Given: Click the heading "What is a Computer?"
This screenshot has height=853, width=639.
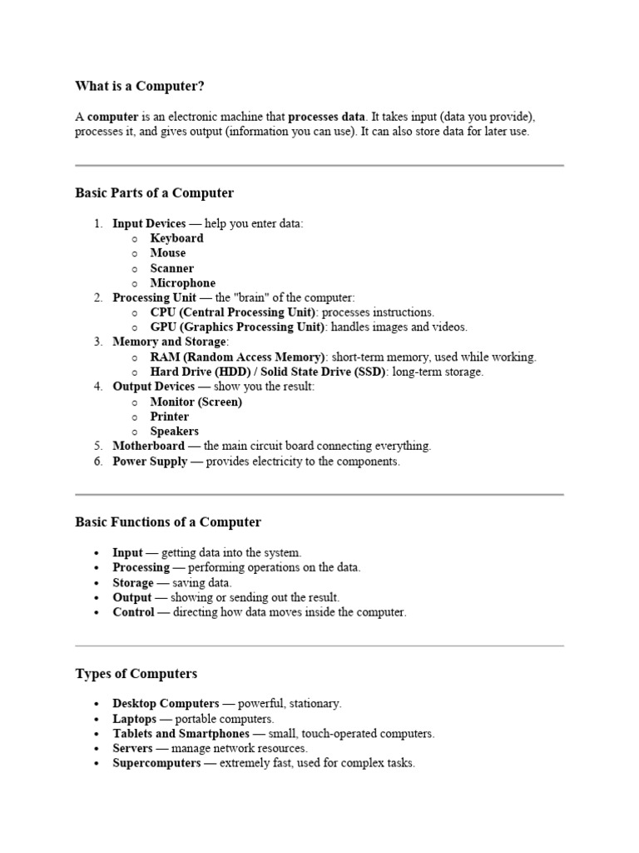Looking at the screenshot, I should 140,86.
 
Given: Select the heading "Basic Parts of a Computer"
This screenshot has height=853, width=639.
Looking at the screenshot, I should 154,193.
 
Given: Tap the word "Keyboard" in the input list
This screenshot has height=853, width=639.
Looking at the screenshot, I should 176,238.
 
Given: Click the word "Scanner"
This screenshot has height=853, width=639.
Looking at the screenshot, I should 172,268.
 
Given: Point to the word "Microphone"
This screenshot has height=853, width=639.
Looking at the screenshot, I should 182,283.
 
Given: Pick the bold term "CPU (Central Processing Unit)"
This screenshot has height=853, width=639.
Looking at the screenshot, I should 233,312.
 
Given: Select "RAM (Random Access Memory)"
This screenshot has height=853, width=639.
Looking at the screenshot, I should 237,357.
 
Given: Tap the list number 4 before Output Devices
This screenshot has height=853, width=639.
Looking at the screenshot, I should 97,387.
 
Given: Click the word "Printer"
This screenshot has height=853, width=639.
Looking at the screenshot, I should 169,417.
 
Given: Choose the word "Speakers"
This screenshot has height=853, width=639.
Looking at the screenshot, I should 174,431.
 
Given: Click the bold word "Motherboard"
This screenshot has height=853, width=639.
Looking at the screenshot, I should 149,446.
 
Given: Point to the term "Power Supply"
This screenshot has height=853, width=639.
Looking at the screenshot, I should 150,461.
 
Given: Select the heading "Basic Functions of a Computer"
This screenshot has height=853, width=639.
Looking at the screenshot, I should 168,522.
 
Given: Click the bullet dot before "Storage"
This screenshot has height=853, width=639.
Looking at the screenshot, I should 97,583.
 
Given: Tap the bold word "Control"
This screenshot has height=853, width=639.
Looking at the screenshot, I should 133,612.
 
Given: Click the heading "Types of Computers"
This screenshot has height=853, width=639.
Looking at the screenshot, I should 136,673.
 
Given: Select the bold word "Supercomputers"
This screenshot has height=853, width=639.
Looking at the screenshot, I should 156,763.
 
